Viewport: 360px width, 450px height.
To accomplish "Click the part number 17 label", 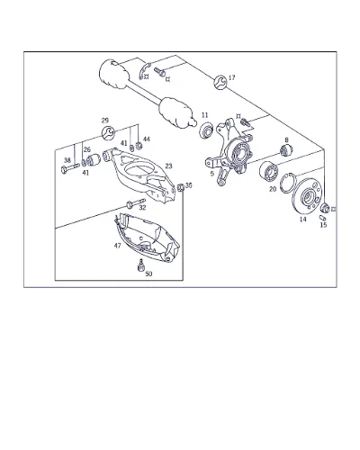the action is point(232,77).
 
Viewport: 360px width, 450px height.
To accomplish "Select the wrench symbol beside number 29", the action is point(108,133).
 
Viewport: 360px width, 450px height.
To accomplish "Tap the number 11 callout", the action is point(205,115).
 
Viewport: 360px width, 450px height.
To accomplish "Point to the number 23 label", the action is point(169,166).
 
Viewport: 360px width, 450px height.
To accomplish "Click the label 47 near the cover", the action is point(117,246).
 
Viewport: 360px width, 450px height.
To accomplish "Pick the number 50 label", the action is point(148,274).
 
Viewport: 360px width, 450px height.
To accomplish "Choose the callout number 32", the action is point(142,208).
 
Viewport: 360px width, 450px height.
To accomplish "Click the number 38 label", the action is point(67,160).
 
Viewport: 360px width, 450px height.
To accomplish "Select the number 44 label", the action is point(147,139).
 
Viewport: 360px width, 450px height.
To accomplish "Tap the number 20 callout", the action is point(273,189).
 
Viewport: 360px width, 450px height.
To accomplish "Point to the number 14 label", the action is point(303,220).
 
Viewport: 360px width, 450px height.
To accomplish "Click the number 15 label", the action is point(323,225).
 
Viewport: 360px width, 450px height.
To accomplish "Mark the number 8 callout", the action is point(287,139).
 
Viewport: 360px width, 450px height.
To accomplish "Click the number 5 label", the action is point(212,174).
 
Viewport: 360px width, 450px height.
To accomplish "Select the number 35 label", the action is point(188,185).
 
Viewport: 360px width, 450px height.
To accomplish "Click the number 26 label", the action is point(87,149).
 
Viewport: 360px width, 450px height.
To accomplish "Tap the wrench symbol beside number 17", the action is point(220,82).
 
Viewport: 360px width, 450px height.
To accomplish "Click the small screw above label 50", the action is point(140,265).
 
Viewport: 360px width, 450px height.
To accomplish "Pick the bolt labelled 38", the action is point(70,168).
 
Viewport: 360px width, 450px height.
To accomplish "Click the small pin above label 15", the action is point(322,217).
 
